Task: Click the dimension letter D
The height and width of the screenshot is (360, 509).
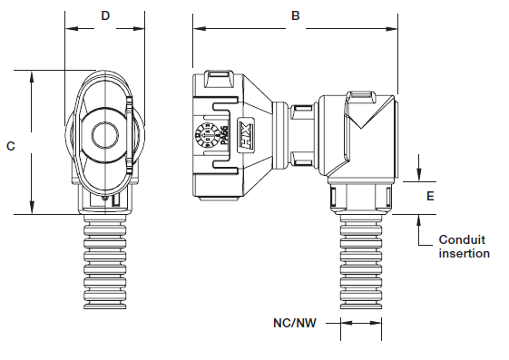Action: pyautogui.click(x=105, y=16)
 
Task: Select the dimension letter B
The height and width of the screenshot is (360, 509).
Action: pyautogui.click(x=295, y=16)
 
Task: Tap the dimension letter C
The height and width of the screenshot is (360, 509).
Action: pyautogui.click(x=10, y=144)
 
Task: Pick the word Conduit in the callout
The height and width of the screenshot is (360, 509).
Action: pyautogui.click(x=462, y=239)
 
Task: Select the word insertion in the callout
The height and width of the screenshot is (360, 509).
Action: pyautogui.click(x=464, y=253)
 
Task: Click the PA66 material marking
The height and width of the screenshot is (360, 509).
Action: pyautogui.click(x=223, y=136)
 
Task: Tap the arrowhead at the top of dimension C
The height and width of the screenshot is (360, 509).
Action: pyautogui.click(x=32, y=75)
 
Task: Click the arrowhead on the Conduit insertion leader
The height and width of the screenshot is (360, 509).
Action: pyautogui.click(x=419, y=219)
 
